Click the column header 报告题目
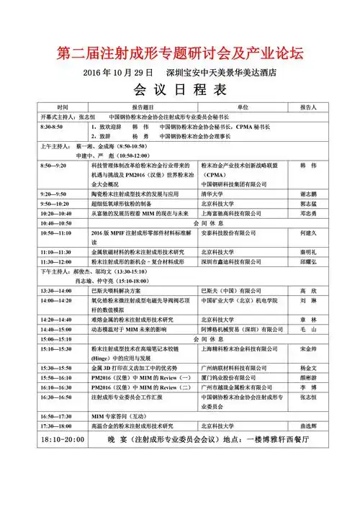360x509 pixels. [x=143, y=107]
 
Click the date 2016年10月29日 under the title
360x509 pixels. [x=119, y=73]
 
